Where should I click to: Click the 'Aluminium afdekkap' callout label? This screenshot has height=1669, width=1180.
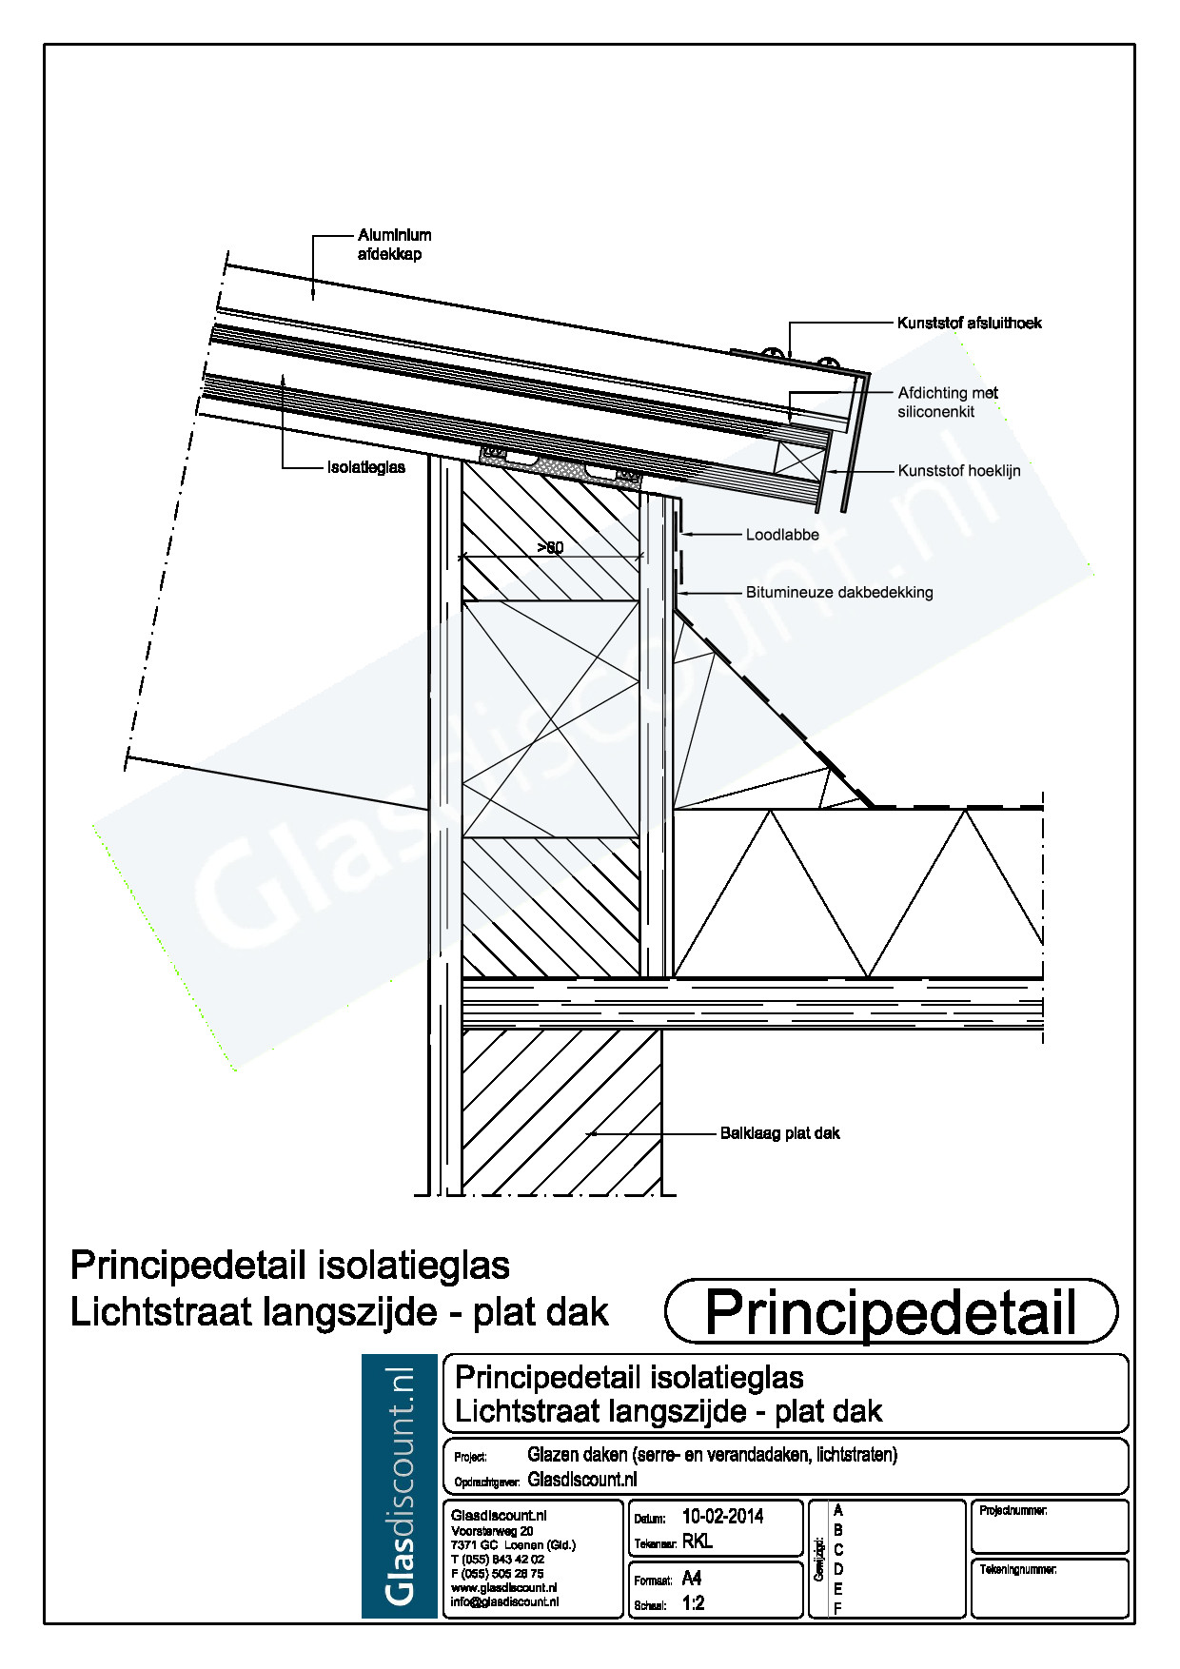(394, 245)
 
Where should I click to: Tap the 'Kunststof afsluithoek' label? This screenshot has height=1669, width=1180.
(969, 324)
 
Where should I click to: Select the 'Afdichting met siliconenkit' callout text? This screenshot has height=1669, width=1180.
(947, 403)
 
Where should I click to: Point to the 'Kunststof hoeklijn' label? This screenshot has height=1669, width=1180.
(958, 471)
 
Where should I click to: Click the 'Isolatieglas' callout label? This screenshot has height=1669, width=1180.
(365, 468)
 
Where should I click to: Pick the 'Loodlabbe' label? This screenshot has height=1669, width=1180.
(781, 535)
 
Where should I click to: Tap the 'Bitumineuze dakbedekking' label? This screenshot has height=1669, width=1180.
(838, 593)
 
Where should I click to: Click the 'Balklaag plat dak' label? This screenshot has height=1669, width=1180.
(779, 1133)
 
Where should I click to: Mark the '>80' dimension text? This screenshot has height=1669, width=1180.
(550, 548)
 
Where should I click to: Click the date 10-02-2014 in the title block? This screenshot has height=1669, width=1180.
(722, 1517)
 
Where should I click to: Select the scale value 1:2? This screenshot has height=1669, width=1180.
(693, 1603)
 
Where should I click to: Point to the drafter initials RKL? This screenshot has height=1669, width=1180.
(697, 1541)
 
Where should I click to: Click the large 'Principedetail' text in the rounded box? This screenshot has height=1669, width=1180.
(890, 1312)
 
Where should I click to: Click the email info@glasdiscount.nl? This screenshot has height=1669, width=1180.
(504, 1601)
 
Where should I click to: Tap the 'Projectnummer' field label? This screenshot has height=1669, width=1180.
(1013, 1511)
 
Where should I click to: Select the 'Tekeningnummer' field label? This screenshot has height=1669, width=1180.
(1017, 1569)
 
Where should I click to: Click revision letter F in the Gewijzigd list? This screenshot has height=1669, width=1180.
(837, 1608)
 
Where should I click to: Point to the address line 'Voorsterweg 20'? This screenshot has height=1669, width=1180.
(492, 1531)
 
